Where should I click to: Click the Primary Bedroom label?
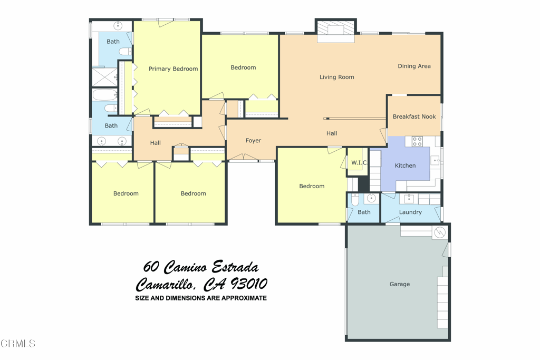pos(173,69)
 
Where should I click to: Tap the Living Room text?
pos(337,77)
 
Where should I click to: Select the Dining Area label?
pos(414,66)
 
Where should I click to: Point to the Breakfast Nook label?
pos(414,116)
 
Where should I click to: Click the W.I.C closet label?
pos(359,163)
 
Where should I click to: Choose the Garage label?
pos(400,284)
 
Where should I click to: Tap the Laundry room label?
pos(410,212)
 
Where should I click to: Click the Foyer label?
pos(253,140)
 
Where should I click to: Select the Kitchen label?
pos(405,166)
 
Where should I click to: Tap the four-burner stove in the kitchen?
pos(417,141)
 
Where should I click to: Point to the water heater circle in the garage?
pos(439,232)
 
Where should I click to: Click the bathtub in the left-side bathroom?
pos(105,95)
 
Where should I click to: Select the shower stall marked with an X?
pos(105,77)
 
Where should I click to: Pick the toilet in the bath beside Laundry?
pos(355,200)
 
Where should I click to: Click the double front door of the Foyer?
pos(244,157)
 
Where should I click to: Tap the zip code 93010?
pos(248,284)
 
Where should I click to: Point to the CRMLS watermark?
pos(18,344)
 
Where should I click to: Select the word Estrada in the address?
pos(235,267)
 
